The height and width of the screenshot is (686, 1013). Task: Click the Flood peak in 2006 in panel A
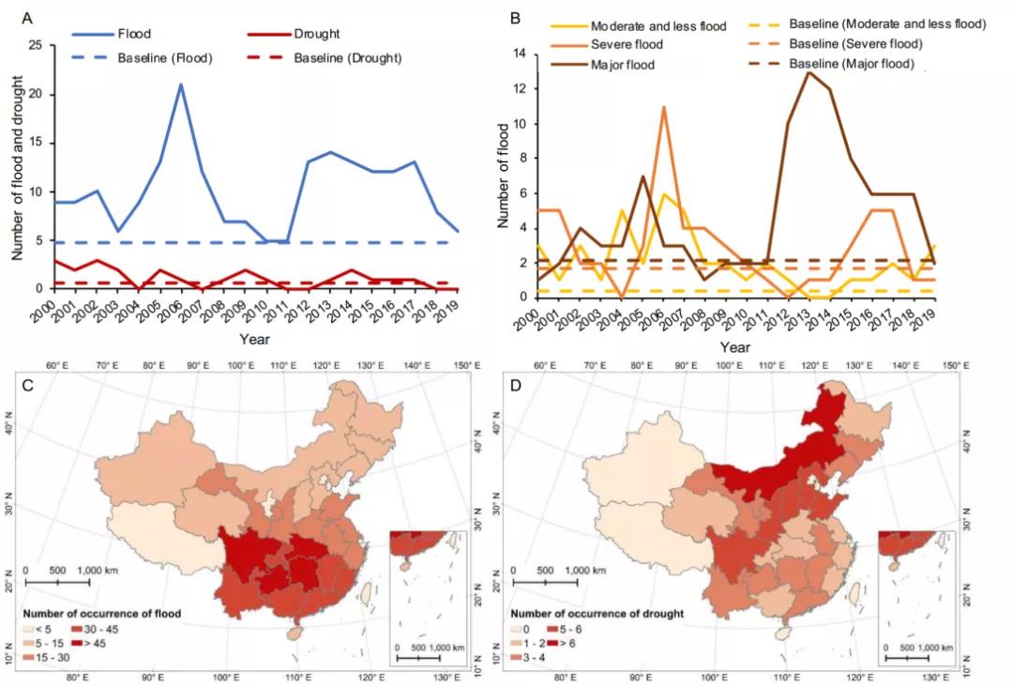click(180, 84)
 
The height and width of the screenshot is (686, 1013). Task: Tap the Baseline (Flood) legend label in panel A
click(165, 58)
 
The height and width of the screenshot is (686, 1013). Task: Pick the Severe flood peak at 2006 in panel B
click(664, 107)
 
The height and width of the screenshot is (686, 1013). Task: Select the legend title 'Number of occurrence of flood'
click(101, 614)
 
